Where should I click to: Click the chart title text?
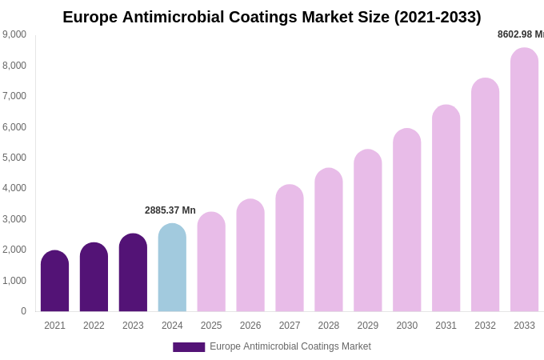[x=272, y=17]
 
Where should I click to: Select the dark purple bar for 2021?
[x=54, y=282]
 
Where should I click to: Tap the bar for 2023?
[x=133, y=273]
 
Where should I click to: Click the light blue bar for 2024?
[x=172, y=268]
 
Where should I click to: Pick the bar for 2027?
[x=290, y=249]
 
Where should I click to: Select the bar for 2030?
[x=406, y=221]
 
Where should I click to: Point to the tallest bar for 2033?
[x=524, y=180]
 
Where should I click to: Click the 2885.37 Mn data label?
[x=170, y=210]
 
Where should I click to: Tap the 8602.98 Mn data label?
[x=520, y=34]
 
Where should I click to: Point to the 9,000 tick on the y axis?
[x=14, y=34]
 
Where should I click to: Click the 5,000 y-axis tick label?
[x=14, y=158]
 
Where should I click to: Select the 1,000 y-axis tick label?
[x=14, y=281]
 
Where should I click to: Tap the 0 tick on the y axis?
[x=23, y=311]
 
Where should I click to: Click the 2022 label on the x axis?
[x=94, y=326]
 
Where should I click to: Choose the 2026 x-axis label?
[x=250, y=326]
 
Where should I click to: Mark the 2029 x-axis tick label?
[x=368, y=326]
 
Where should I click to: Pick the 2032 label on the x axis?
[x=485, y=326]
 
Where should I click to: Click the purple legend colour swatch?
[x=189, y=347]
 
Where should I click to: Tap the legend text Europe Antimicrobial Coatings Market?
[x=290, y=346]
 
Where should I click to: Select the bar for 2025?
[x=211, y=262]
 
